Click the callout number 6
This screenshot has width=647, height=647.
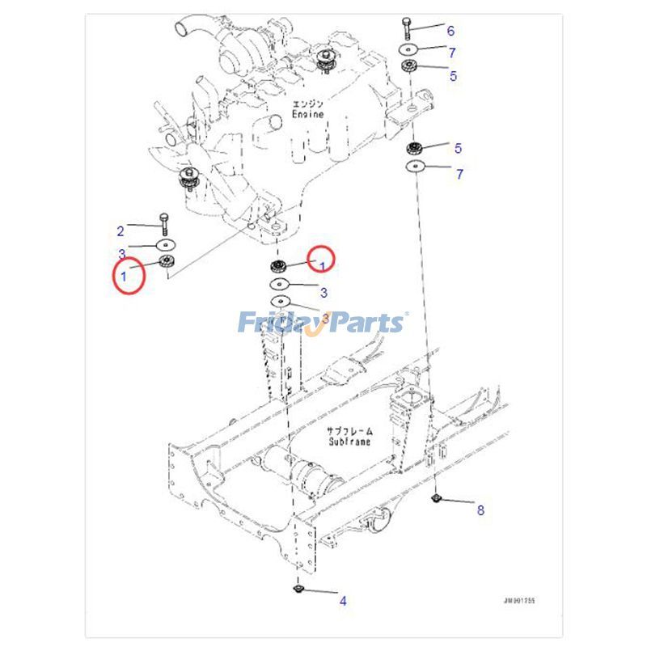450,31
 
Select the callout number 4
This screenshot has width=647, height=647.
342,600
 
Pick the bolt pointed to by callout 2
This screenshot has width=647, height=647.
166,222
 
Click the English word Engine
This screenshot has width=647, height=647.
308,115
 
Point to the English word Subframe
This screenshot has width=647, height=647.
350,442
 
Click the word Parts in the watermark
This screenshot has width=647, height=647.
364,323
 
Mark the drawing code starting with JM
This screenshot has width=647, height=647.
518,602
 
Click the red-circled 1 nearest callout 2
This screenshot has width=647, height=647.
125,276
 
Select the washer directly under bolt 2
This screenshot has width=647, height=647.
166,244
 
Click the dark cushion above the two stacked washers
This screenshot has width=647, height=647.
278,267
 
